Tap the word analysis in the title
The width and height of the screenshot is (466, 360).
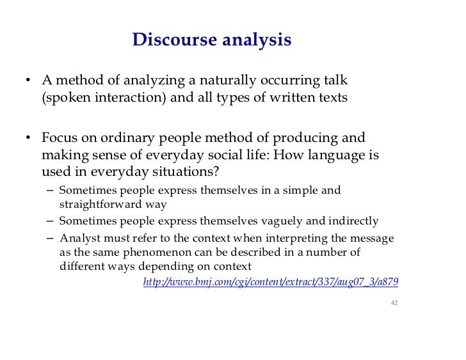coord(256,41)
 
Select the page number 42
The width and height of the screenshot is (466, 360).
coord(394,302)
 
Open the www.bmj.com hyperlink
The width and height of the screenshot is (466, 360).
coord(275,282)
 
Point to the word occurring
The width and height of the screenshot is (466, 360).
coord(291,81)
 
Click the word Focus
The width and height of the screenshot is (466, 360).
coord(61,138)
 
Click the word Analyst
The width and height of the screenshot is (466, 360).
coord(78,238)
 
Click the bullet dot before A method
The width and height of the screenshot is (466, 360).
coord(29,82)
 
